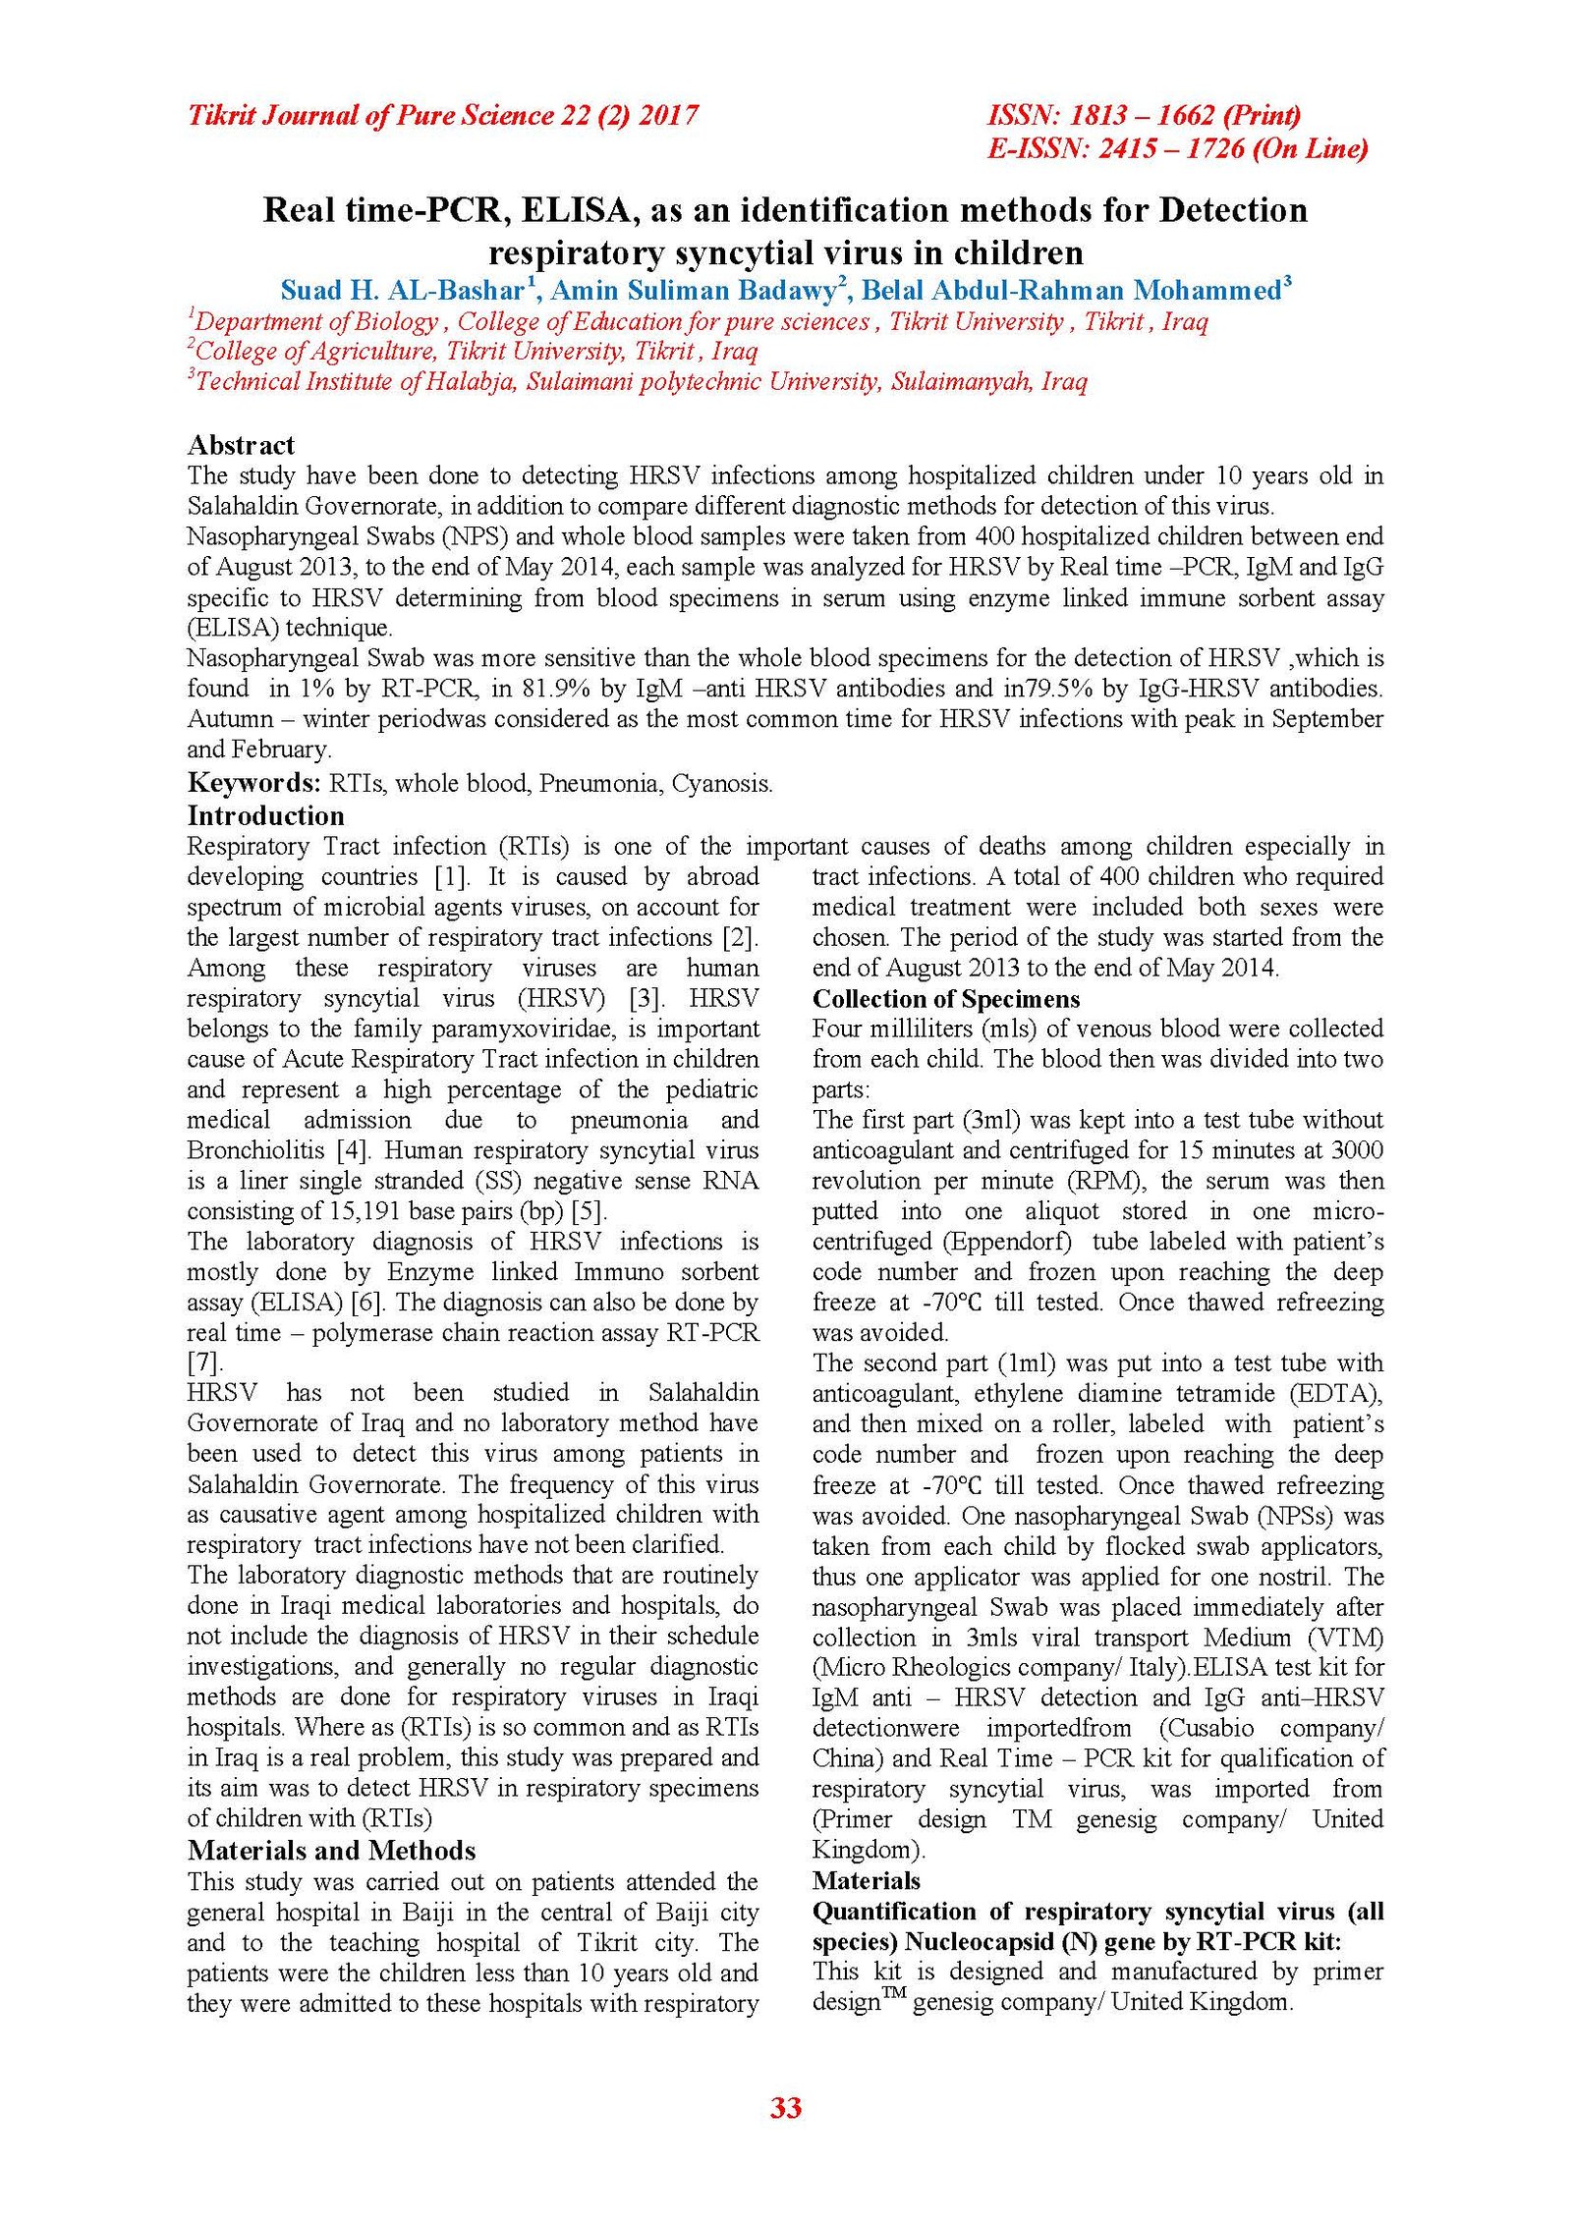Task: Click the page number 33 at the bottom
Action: tap(786, 2107)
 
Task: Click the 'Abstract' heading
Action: tap(241, 445)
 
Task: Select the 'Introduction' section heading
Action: tap(265, 815)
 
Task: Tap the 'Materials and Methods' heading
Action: tap(331, 1851)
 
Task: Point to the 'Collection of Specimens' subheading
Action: tap(945, 999)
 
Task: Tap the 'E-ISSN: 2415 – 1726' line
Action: tap(1176, 148)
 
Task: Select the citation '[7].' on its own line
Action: tap(205, 1362)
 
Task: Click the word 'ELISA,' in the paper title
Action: tap(575, 210)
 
